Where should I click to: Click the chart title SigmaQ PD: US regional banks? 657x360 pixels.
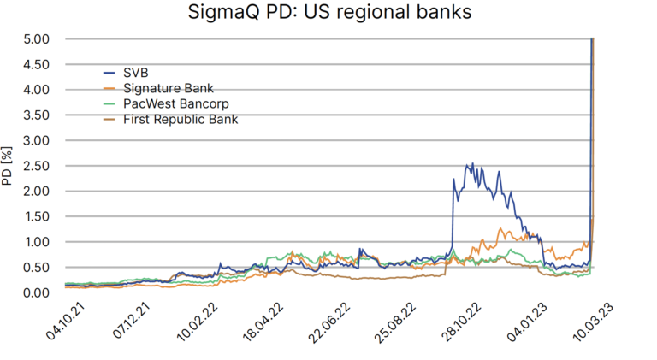point(328,14)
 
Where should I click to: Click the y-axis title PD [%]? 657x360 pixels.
point(8,166)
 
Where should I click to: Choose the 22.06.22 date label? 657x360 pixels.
point(325,328)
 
